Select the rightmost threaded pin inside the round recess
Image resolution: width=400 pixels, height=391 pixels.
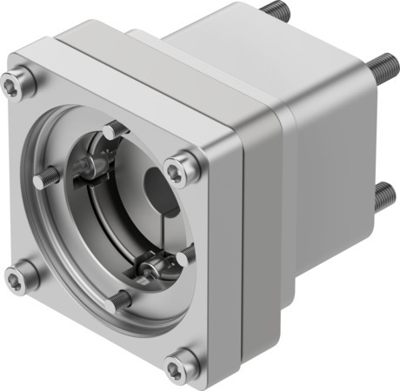tap(186, 254)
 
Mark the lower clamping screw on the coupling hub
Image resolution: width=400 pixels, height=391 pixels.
tap(148, 265)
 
